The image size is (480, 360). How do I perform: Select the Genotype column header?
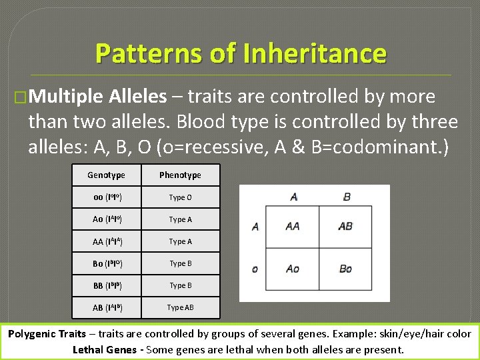pyautogui.click(x=106, y=175)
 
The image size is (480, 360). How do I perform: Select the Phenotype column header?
pyautogui.click(x=180, y=175)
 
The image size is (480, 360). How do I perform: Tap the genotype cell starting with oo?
pyautogui.click(x=107, y=197)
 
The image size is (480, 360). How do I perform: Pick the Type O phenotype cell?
pyautogui.click(x=180, y=197)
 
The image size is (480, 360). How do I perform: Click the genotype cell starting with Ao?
pyautogui.click(x=107, y=219)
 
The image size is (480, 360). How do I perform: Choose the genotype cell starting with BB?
pyautogui.click(x=107, y=285)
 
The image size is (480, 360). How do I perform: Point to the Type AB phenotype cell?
pyautogui.click(x=180, y=307)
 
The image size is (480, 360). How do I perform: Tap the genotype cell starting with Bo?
pyautogui.click(x=107, y=263)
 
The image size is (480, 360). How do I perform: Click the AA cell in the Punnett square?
pyautogui.click(x=292, y=227)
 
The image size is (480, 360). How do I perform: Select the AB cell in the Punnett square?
pyautogui.click(x=345, y=227)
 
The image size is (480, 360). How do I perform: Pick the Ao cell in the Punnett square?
pyautogui.click(x=292, y=269)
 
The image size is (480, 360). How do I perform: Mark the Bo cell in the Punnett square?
pyautogui.click(x=345, y=269)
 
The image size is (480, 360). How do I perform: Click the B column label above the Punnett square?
pyautogui.click(x=347, y=197)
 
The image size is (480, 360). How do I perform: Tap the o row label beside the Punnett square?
pyautogui.click(x=255, y=269)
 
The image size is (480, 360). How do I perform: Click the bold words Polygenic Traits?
pyautogui.click(x=47, y=334)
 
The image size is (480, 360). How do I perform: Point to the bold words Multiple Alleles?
pyautogui.click(x=98, y=97)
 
